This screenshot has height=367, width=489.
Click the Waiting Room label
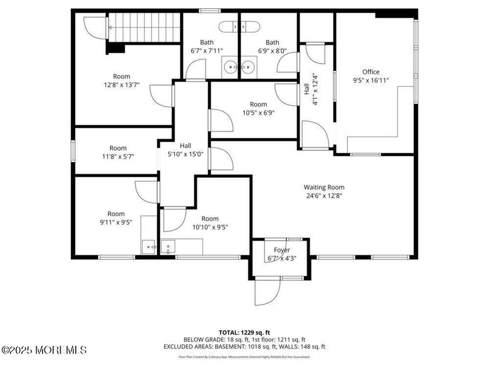324,188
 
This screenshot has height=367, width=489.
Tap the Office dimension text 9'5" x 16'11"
371,81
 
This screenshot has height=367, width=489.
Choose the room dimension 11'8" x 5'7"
118,157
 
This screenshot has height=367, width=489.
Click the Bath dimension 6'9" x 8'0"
272,51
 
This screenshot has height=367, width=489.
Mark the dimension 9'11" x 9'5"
116,223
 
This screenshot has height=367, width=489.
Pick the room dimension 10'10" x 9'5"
210,227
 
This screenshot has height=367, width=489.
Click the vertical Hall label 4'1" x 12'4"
310,89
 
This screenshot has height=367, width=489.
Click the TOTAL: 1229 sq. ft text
244,331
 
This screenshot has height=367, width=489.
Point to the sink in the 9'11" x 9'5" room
148,248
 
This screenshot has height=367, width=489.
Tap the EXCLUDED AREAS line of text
244,347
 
